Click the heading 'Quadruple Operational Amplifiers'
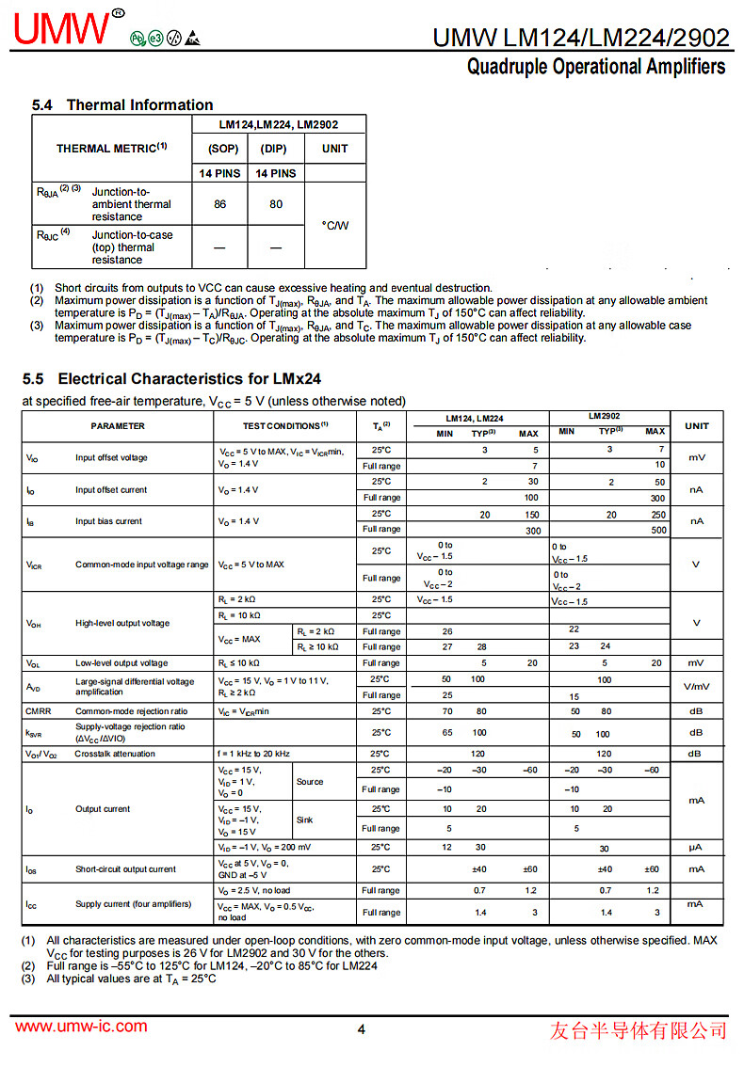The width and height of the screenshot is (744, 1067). [x=596, y=67]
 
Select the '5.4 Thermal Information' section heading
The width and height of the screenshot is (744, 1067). [x=122, y=104]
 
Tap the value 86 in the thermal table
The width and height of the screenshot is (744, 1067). [x=219, y=203]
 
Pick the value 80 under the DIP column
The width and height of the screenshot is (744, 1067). [x=276, y=203]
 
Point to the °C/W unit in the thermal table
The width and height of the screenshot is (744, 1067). [x=334, y=225]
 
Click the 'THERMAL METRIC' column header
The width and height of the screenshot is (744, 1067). [x=111, y=149]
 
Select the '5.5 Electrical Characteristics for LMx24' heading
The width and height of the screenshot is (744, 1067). [x=171, y=378]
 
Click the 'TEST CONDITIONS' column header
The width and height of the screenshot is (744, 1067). [x=284, y=426]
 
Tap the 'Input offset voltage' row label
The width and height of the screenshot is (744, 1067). [x=111, y=458]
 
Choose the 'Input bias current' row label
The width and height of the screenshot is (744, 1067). [x=108, y=521]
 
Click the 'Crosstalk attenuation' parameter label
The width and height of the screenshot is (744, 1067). [x=115, y=754]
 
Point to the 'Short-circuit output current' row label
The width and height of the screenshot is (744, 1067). [x=125, y=869]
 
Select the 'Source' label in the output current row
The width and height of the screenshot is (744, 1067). [x=309, y=782]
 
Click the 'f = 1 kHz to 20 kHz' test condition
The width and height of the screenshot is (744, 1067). [x=254, y=754]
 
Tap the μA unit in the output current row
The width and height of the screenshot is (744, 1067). [x=696, y=848]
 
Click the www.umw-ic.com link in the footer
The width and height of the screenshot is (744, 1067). [x=81, y=1027]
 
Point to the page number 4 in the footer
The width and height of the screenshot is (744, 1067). [x=361, y=1028]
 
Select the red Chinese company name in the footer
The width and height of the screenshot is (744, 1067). [x=638, y=1029]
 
